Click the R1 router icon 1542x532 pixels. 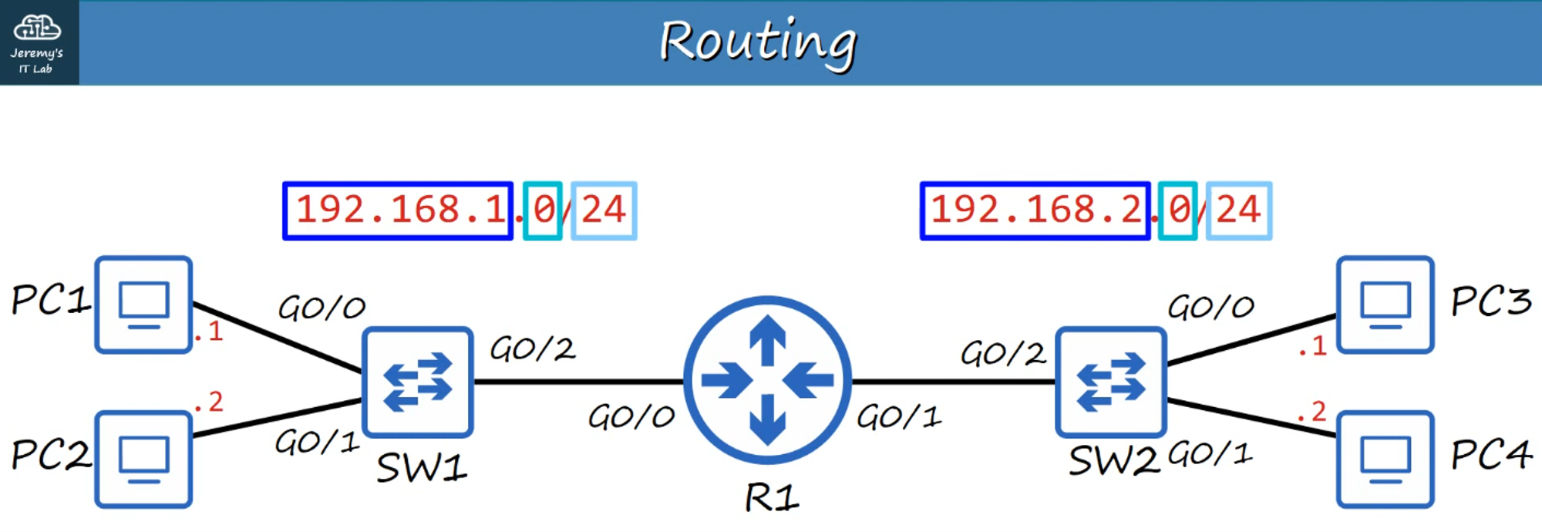coord(767,380)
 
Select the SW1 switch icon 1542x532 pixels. coord(417,382)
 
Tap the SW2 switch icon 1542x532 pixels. coord(1110,382)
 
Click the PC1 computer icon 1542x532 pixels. coord(143,305)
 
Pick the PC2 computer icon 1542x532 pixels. coord(143,460)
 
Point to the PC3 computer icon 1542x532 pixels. coord(1385,305)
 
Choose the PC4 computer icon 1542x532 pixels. coord(1385,460)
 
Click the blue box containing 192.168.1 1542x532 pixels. coord(398,210)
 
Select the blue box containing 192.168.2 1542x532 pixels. coord(1035,210)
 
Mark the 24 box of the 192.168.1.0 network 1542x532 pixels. coord(604,210)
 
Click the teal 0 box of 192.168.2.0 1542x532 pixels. coord(1177,210)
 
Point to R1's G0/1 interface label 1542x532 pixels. coord(899,417)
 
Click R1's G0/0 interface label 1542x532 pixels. coord(631,417)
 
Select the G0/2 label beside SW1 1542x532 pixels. coord(533,349)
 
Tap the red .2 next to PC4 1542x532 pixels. coord(1312,412)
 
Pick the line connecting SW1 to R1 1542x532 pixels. coord(578,382)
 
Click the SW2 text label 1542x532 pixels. coord(1113,462)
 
